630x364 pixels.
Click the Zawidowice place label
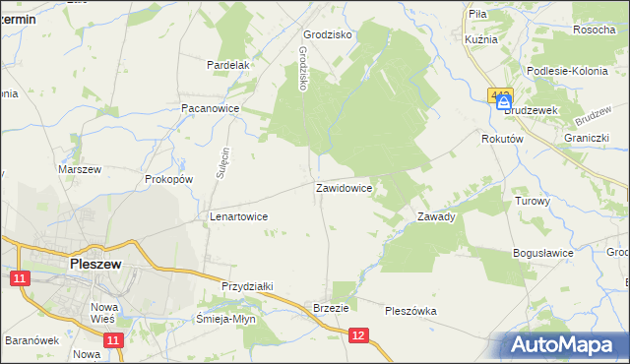tap(344, 187)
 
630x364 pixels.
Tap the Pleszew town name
tap(95, 264)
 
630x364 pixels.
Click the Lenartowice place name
tap(239, 216)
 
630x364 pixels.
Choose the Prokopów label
tap(167, 180)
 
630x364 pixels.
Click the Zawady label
tap(436, 216)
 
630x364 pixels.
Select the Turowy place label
tap(533, 201)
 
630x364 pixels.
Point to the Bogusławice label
tap(543, 253)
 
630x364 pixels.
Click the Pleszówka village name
tap(410, 311)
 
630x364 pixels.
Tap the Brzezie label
tap(332, 307)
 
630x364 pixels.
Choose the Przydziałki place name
tap(247, 286)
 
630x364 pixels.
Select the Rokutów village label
tap(501, 140)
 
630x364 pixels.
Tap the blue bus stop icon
tap(504, 101)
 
